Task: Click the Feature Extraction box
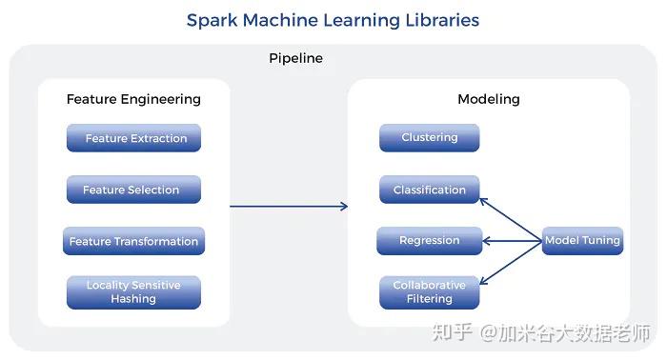point(133,138)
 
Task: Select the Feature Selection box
point(133,190)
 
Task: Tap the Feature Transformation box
point(133,241)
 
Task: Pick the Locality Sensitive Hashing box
point(133,292)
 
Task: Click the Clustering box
point(429,137)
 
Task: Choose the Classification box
point(429,190)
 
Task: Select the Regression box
point(429,241)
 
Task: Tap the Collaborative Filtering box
point(429,292)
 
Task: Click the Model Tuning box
point(582,241)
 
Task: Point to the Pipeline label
point(295,58)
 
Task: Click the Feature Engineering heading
point(133,99)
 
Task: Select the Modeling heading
point(488,99)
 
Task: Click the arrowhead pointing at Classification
point(483,200)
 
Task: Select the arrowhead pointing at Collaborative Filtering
point(483,281)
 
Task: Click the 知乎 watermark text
point(453,332)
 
